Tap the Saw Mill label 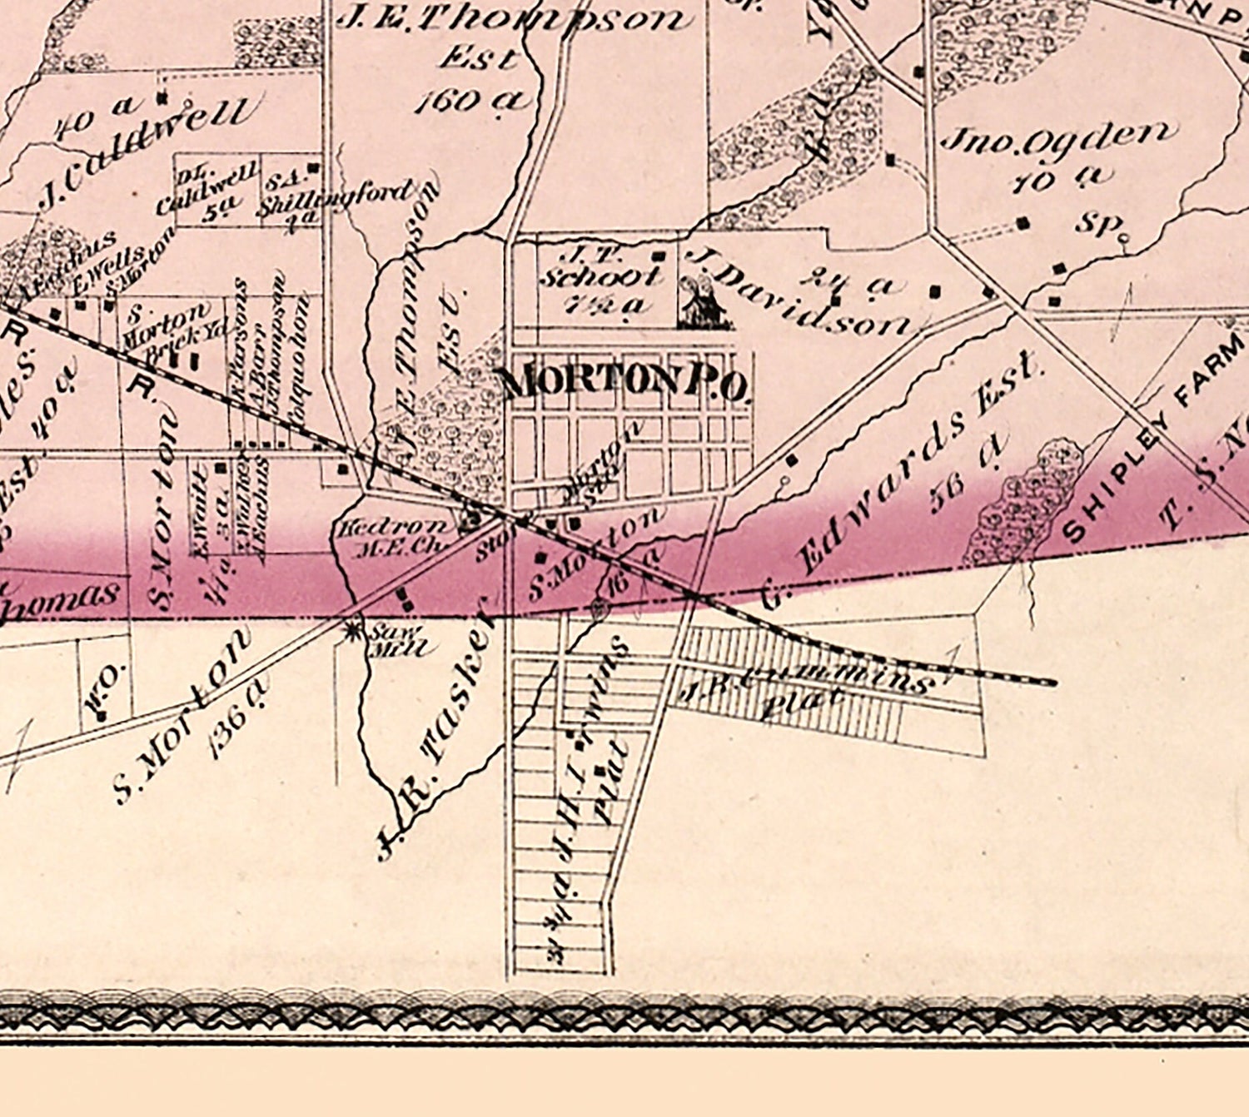point(398,642)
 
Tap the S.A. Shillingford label point(333,196)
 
